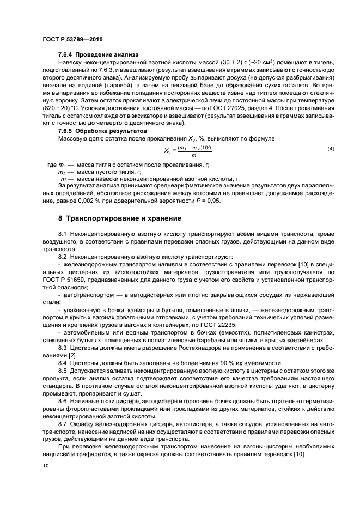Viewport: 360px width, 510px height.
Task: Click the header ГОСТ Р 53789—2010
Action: point(72,40)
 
